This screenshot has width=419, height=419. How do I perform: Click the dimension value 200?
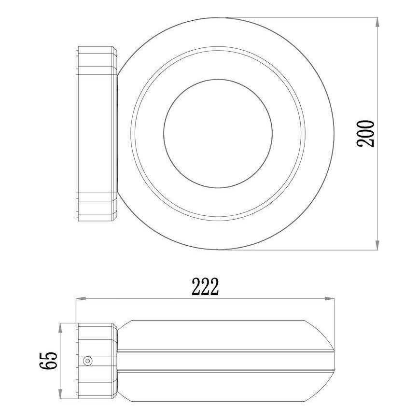click(x=365, y=133)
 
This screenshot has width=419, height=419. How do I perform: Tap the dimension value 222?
click(x=205, y=287)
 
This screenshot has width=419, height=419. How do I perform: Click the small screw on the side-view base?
click(x=87, y=360)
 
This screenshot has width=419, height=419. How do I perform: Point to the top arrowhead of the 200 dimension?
click(x=377, y=22)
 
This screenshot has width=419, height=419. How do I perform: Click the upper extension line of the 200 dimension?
click(x=299, y=18)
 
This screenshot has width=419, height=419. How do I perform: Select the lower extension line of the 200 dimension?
click(x=299, y=250)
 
